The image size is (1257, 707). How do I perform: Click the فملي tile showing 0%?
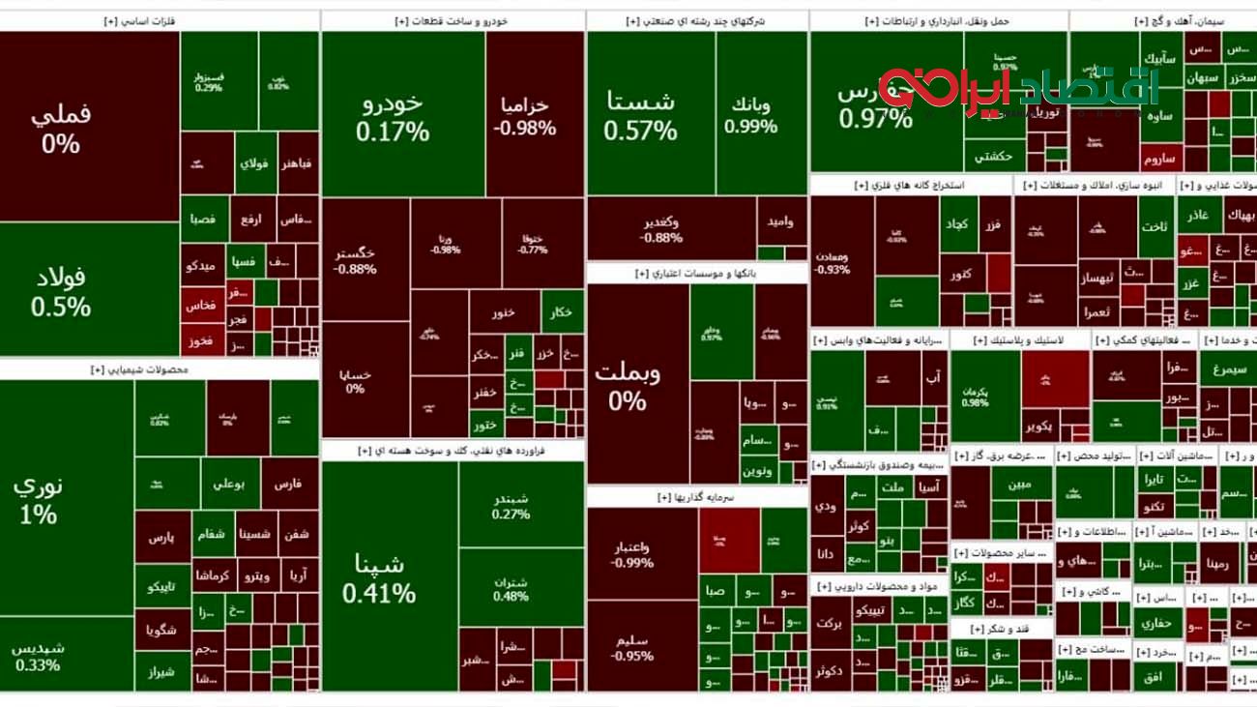(61, 128)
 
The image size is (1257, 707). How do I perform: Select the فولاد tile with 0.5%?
(61, 292)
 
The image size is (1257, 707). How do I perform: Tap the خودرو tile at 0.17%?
(392, 116)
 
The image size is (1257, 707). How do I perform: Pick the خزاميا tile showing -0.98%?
(524, 116)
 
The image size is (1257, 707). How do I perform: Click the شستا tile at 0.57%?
(640, 114)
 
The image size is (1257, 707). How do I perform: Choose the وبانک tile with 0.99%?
(750, 114)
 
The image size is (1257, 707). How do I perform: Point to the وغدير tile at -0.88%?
(661, 229)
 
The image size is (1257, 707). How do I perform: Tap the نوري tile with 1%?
(39, 499)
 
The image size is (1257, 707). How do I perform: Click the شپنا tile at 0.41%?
(379, 577)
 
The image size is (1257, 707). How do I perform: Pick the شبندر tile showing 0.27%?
(511, 506)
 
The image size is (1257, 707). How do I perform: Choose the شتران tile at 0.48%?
(511, 589)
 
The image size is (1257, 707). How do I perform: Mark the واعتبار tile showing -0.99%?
(633, 554)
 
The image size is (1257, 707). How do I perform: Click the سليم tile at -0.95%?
(633, 648)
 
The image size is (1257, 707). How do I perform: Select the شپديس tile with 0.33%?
(39, 656)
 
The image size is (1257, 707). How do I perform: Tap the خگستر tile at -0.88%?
(356, 260)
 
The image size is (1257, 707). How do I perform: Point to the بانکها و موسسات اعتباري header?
(696, 274)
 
